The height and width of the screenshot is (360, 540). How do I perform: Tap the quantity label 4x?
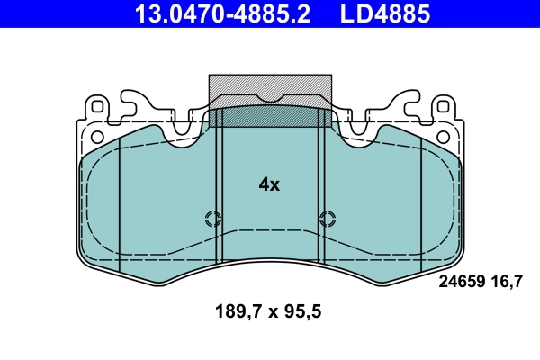(x=269, y=184)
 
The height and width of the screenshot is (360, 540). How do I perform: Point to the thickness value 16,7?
(x=507, y=282)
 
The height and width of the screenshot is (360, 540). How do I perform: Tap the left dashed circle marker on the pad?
(x=213, y=218)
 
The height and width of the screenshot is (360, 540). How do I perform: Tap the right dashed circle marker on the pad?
(x=327, y=218)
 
